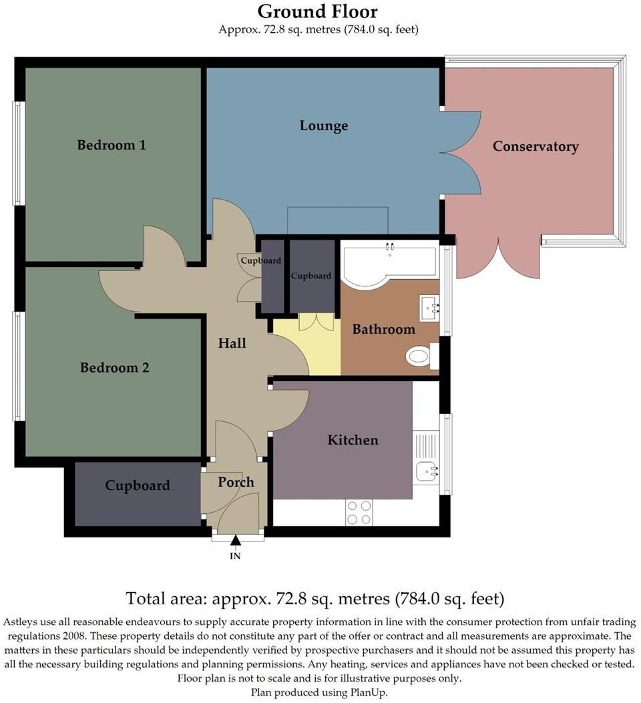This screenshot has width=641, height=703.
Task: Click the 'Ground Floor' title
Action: (318, 11)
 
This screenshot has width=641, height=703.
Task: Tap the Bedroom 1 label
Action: (112, 145)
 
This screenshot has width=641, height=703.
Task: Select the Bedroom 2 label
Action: (114, 368)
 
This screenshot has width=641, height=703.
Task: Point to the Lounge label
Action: (324, 126)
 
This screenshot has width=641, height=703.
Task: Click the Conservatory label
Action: (536, 146)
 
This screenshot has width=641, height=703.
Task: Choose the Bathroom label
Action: (383, 329)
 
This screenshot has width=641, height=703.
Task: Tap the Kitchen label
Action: (353, 440)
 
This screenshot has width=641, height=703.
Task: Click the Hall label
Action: (232, 343)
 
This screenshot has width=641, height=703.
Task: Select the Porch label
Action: (236, 482)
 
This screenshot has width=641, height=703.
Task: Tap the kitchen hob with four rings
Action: (359, 512)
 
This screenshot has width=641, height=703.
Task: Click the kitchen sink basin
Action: (427, 471)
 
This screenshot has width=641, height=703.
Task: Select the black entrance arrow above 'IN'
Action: (235, 541)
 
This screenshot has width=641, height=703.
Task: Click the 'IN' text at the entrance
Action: (235, 555)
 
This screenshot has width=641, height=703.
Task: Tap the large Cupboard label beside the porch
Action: (137, 485)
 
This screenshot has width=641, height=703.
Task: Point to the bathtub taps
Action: (389, 248)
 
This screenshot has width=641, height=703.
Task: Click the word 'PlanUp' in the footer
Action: (367, 692)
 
